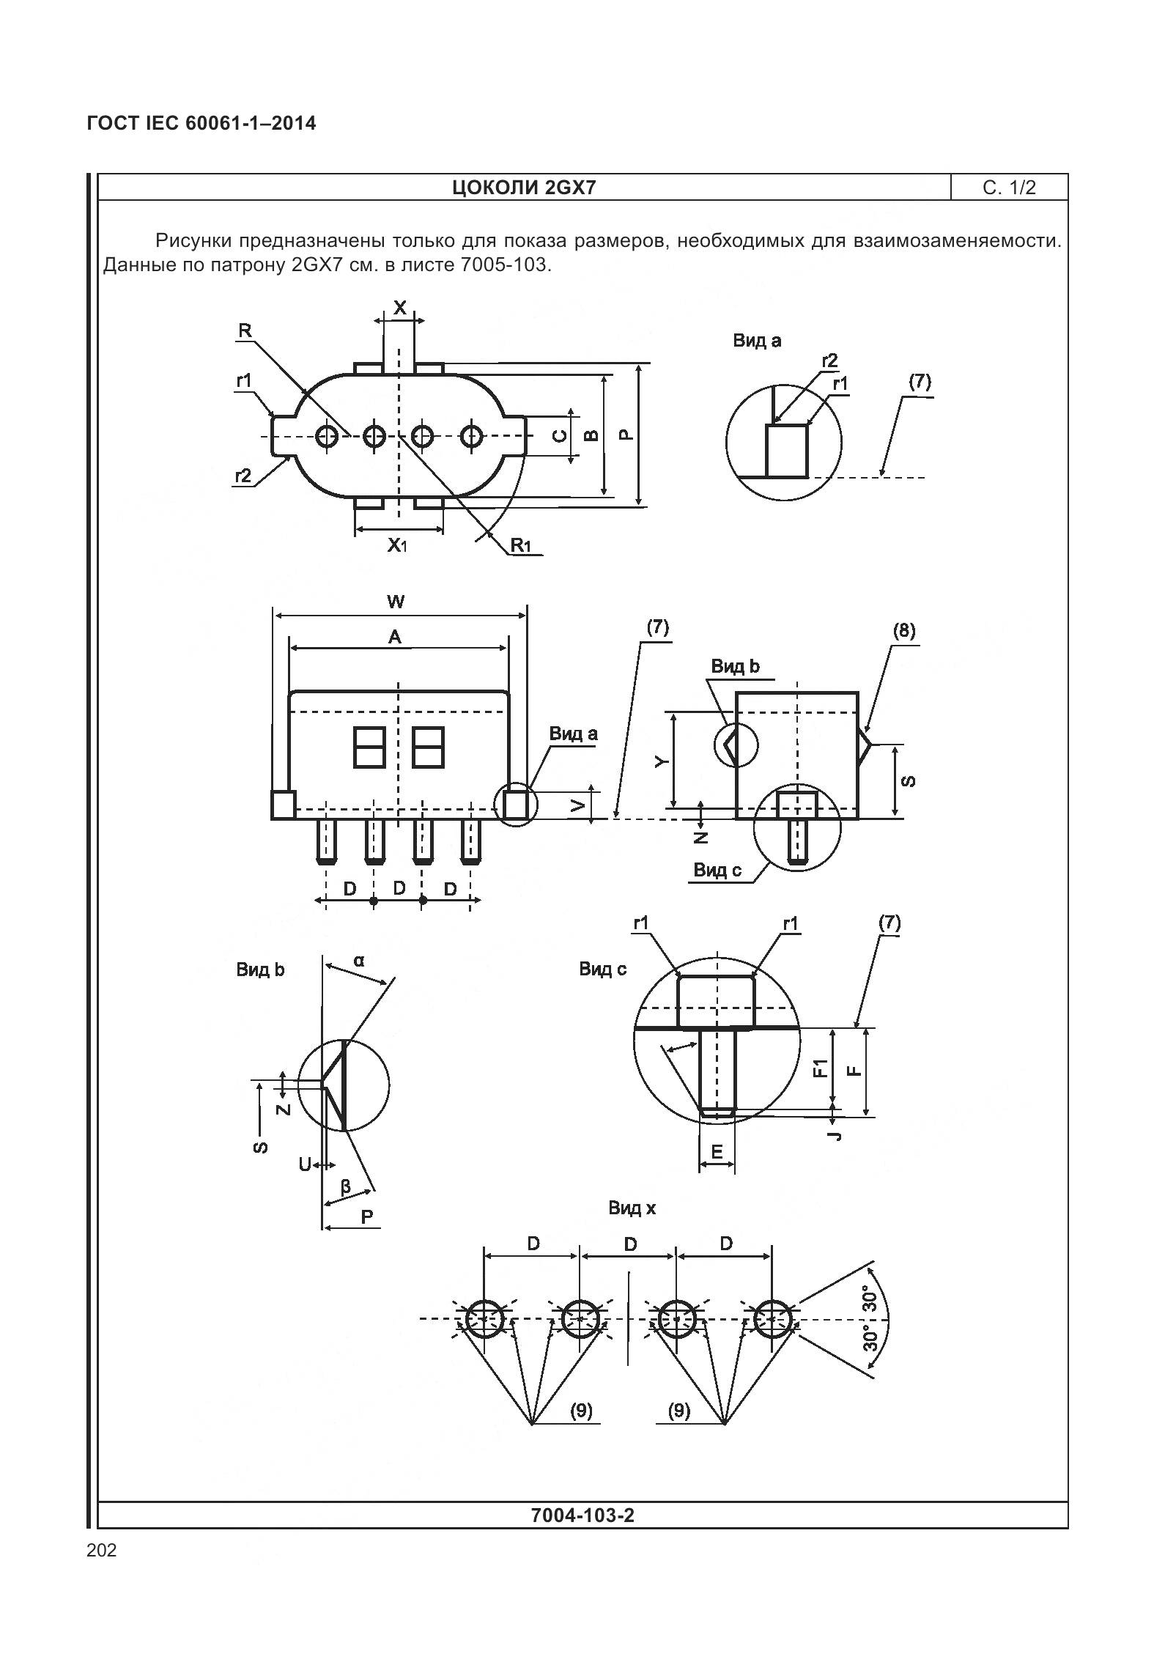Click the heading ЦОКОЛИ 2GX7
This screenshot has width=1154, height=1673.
click(524, 188)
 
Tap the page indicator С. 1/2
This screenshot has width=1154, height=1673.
click(1009, 188)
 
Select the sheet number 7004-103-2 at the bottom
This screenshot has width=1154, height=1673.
click(582, 1515)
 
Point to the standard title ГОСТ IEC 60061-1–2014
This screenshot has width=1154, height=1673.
click(201, 123)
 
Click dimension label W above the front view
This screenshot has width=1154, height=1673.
click(396, 602)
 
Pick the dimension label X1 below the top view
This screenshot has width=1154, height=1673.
click(397, 544)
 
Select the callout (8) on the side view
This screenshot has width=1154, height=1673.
click(903, 631)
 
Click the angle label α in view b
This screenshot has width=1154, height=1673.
click(359, 960)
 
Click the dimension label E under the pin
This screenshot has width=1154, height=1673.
click(717, 1152)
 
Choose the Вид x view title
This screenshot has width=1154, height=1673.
click(632, 1208)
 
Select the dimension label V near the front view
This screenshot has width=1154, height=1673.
click(578, 806)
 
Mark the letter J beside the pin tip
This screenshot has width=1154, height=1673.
click(836, 1135)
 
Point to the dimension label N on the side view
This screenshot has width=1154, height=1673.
click(701, 836)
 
